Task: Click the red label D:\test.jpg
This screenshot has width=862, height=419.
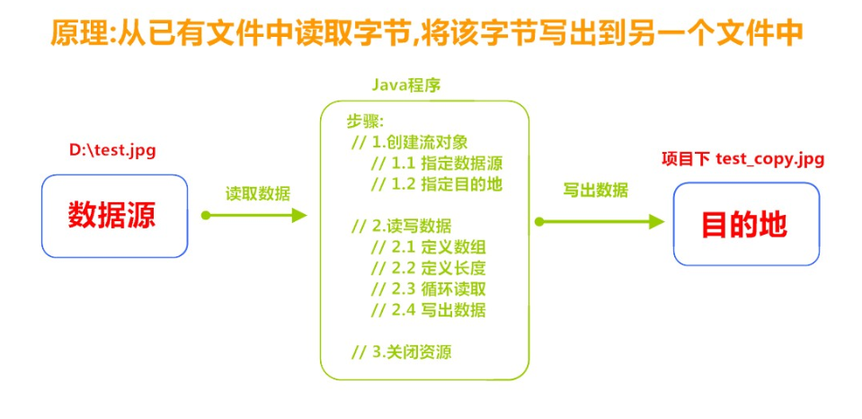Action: tap(112, 150)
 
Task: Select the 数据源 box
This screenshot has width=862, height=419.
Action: tap(114, 216)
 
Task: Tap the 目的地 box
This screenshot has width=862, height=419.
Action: tap(745, 224)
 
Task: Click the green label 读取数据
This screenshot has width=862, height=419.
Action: tap(257, 192)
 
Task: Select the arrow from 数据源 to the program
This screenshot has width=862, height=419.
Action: tap(255, 215)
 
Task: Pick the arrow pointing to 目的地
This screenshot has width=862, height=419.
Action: tap(599, 221)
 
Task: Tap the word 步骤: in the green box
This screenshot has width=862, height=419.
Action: tap(365, 121)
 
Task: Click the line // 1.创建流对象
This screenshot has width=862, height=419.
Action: tap(409, 142)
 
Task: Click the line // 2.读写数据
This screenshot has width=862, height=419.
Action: tap(401, 225)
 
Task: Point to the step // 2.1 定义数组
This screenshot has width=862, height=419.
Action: tap(428, 246)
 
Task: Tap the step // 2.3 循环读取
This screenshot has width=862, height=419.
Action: tap(428, 289)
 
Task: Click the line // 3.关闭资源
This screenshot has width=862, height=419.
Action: tap(401, 352)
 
